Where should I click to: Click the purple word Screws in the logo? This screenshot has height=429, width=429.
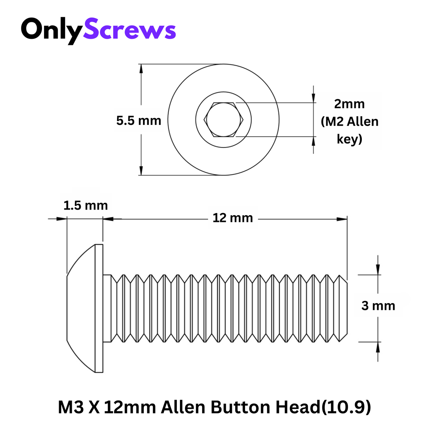(x=129, y=30)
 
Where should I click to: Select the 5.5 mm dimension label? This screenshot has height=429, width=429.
(x=138, y=121)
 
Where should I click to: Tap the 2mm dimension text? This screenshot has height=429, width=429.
(x=349, y=104)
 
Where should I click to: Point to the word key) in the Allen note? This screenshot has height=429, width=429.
(x=349, y=139)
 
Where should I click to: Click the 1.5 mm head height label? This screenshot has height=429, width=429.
(x=85, y=206)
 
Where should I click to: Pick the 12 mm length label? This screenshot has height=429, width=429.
(x=233, y=218)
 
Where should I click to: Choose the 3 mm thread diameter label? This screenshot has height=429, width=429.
(x=378, y=306)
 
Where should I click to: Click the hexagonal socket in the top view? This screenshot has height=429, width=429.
(x=223, y=120)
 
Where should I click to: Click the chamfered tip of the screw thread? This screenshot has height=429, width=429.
(x=343, y=308)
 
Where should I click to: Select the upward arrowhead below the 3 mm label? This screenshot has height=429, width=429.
(x=378, y=347)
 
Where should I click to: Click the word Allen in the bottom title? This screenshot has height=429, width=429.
(x=183, y=407)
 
